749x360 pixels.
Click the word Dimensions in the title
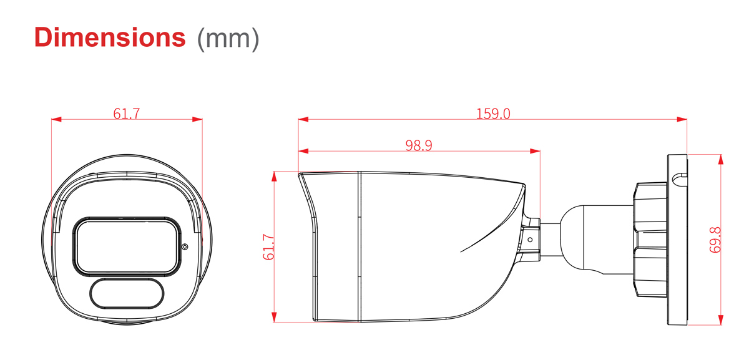110,37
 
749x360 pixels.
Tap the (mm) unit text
228,39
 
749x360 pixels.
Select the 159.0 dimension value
493,114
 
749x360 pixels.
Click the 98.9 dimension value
419,145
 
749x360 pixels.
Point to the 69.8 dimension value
715,240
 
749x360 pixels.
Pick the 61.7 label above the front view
126,114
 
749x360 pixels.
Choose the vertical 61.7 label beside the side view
268,247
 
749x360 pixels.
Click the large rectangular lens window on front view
127,246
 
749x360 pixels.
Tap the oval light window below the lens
127,294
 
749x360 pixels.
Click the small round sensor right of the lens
185,246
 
